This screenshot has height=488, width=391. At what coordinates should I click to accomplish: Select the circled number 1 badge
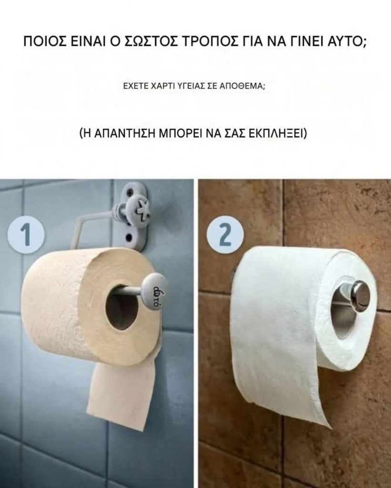tap(27, 234)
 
